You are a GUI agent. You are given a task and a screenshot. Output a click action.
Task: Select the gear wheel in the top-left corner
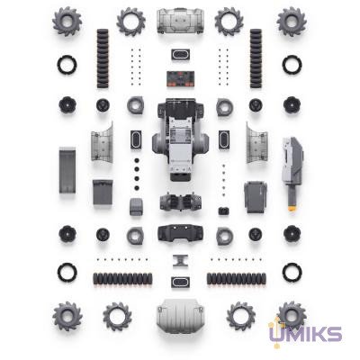pyautogui.click(x=67, y=20)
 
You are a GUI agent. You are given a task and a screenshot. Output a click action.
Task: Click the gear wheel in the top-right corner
pyautogui.click(x=292, y=20)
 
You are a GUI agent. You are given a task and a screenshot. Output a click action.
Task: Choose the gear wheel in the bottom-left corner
pyautogui.click(x=67, y=316)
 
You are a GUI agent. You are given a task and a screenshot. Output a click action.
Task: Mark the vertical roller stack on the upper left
pyautogui.click(x=103, y=58)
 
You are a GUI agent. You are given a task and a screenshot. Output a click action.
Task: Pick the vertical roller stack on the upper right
pyautogui.click(x=256, y=58)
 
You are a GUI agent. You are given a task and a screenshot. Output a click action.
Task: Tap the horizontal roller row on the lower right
pyautogui.click(x=237, y=278)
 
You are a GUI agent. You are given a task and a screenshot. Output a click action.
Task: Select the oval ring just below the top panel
pyautogui.click(x=179, y=52)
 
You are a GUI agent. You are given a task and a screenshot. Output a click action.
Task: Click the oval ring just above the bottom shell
pyautogui.click(x=179, y=282)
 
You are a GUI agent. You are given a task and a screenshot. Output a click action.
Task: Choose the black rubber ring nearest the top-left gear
pyautogui.click(x=67, y=65)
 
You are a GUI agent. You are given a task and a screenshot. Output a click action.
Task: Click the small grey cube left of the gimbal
pyautogui.click(x=136, y=207)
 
